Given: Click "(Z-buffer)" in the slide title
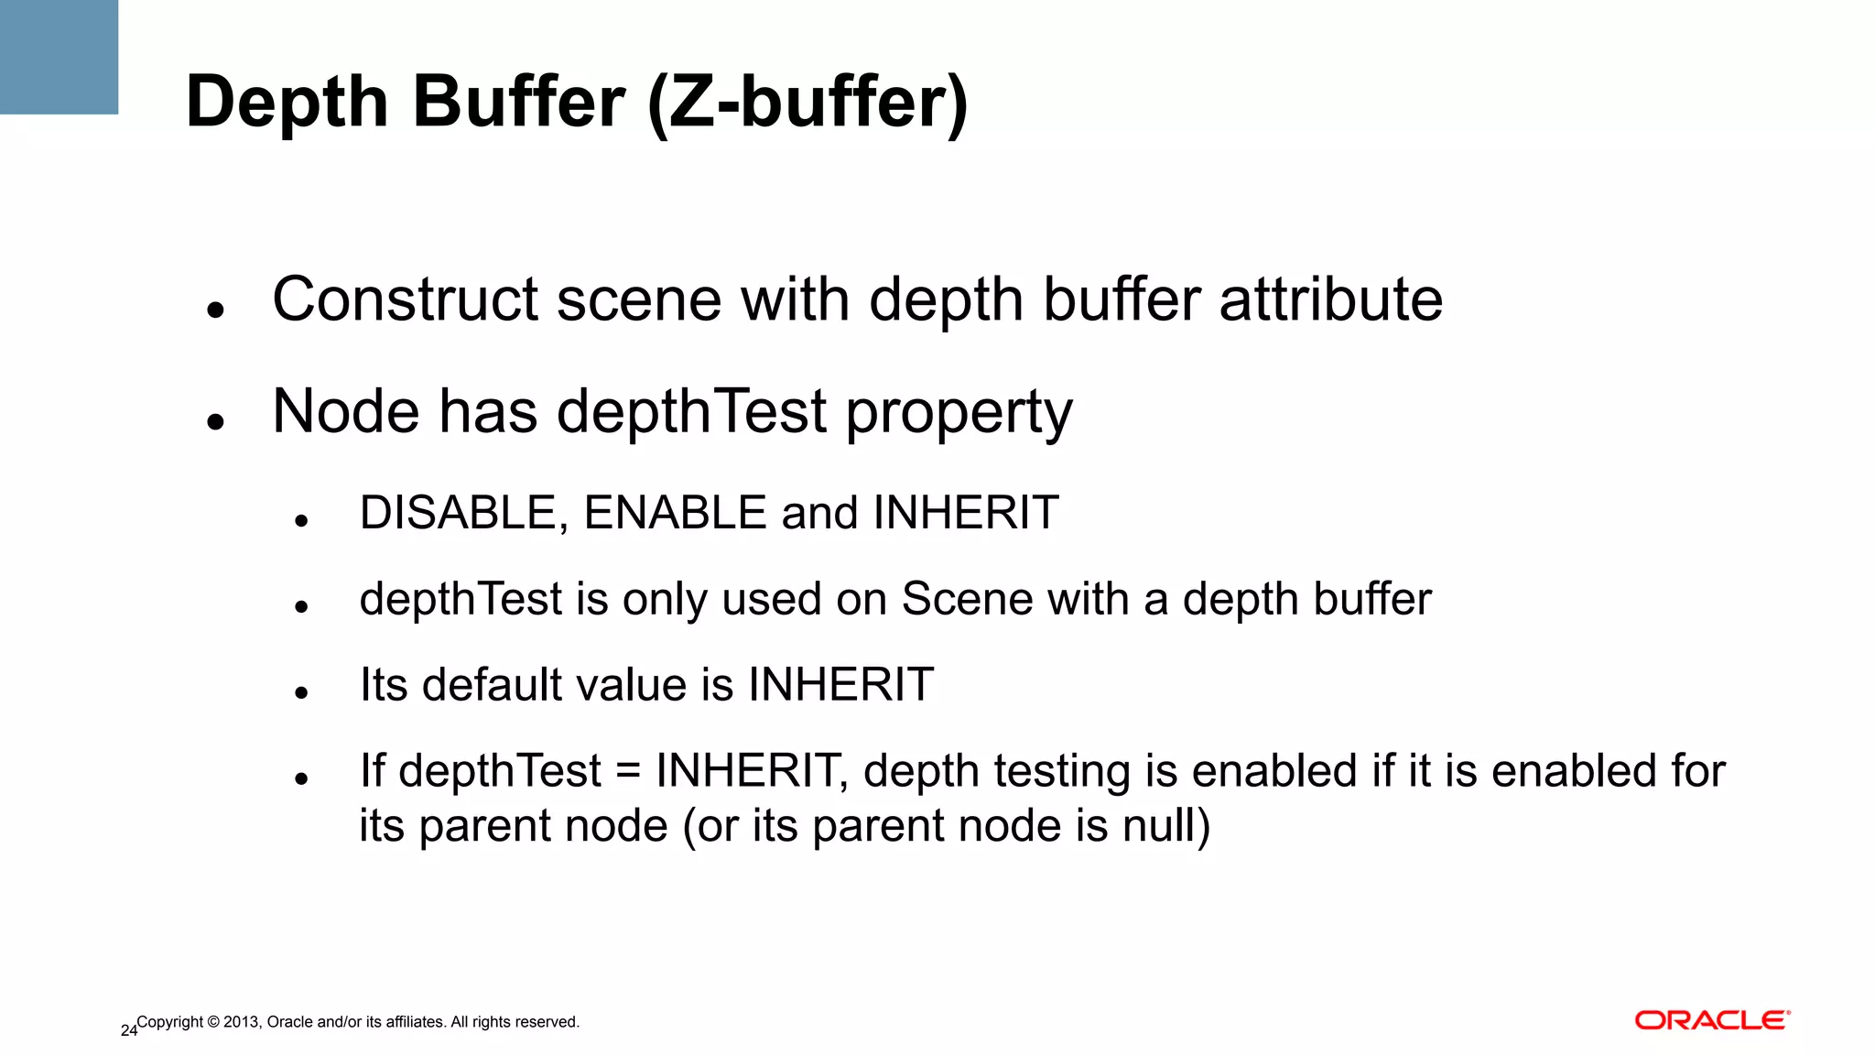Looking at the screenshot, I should (x=807, y=103).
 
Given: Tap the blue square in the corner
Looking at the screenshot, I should (x=59, y=57).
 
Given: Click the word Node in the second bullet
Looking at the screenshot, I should (x=346, y=411).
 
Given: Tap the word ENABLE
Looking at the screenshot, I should (x=675, y=513).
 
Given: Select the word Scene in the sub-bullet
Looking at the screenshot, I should (x=967, y=599).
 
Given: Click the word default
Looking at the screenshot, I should (x=491, y=685).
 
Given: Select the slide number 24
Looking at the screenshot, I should (x=128, y=1030).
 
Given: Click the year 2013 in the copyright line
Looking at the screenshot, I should (x=240, y=1022).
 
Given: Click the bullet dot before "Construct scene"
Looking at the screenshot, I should (x=216, y=310).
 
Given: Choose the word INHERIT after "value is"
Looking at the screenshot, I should (x=840, y=685).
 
